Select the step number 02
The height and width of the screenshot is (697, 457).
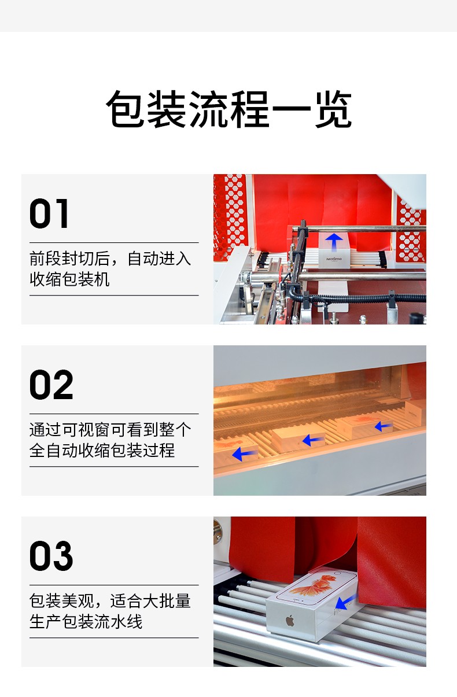(51, 385)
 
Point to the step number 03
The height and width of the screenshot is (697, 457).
(51, 556)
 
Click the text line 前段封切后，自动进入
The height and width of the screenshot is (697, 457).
(110, 258)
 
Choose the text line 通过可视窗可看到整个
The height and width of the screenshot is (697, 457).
(110, 429)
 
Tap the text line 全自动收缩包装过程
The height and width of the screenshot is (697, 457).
(102, 451)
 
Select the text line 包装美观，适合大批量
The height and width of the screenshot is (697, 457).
(110, 600)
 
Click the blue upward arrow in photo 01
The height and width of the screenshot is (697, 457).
(333, 241)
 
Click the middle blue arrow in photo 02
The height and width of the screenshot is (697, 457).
(314, 440)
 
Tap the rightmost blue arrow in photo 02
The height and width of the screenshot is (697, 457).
(383, 426)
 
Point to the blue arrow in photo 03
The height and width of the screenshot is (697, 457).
(345, 602)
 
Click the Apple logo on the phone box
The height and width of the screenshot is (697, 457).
(289, 621)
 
